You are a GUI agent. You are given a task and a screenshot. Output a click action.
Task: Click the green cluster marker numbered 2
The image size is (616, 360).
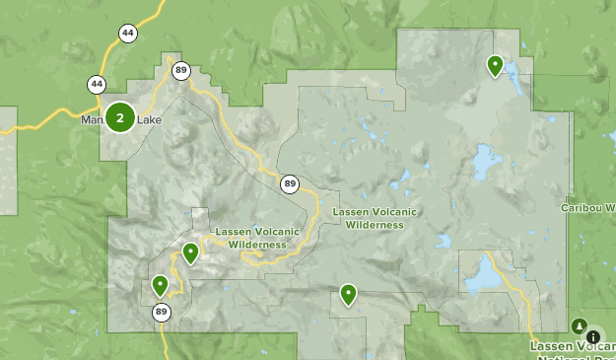click(120, 118)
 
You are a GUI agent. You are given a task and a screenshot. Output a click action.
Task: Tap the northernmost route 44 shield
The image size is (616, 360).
click(128, 34)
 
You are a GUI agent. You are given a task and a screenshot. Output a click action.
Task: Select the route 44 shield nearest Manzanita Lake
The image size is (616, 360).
click(96, 85)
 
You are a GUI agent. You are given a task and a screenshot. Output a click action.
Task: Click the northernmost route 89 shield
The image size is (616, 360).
click(181, 70)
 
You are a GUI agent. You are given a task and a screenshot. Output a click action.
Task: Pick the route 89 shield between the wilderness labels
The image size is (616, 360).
click(289, 183)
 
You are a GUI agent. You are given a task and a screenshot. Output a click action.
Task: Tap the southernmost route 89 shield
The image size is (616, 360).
click(161, 313)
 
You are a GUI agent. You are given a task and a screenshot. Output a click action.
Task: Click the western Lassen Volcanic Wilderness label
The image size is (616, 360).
click(250, 238)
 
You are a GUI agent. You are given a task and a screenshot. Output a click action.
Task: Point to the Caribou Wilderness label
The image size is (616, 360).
click(588, 208)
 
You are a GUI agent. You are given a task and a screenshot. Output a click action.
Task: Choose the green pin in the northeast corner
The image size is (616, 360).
click(495, 65)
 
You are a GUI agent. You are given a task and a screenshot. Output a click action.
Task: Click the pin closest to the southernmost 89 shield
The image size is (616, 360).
click(160, 286)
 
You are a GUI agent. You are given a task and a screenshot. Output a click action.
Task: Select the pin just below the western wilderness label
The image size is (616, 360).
click(190, 253)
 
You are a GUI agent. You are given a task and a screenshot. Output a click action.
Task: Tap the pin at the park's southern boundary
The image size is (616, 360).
click(348, 293)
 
